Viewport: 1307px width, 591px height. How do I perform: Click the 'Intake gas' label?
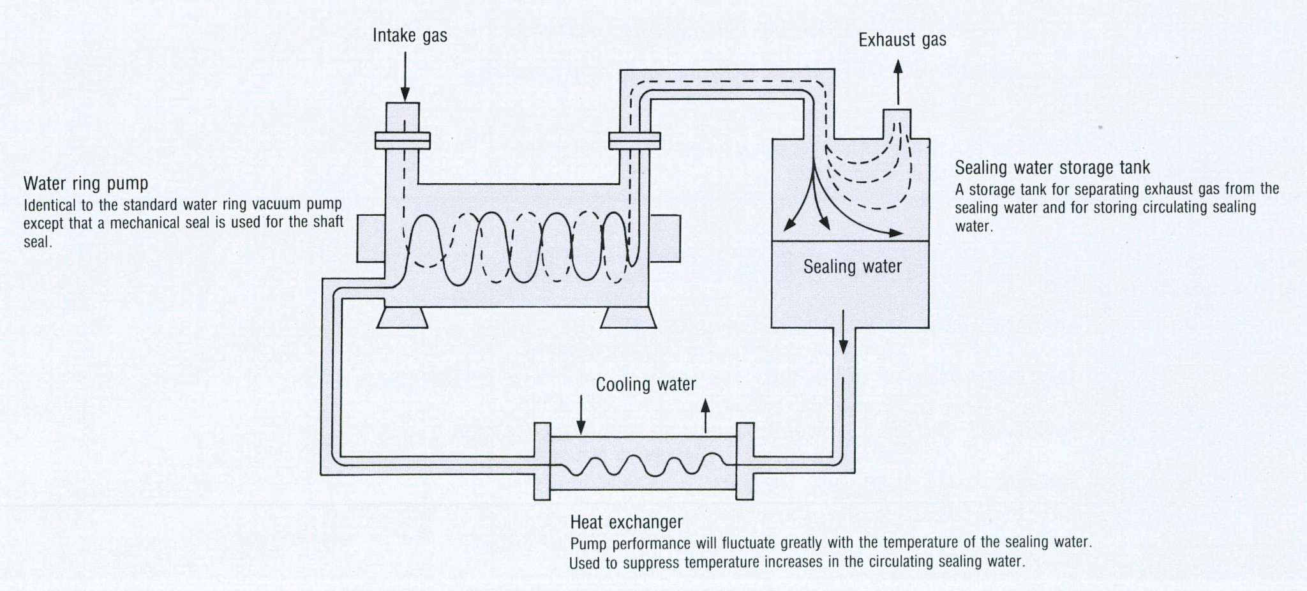pos(410,36)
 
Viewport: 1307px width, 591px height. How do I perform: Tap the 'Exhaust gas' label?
pos(902,40)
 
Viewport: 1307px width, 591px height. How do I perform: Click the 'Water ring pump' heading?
pos(86,184)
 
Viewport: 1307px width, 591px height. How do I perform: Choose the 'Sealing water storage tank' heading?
pos(1052,168)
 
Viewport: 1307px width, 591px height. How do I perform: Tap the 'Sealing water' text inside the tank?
pos(852,266)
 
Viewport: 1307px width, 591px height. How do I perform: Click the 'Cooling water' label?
pos(646,384)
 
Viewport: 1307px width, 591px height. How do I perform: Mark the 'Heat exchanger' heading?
pos(626,522)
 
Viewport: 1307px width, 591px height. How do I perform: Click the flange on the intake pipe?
pos(403,140)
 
